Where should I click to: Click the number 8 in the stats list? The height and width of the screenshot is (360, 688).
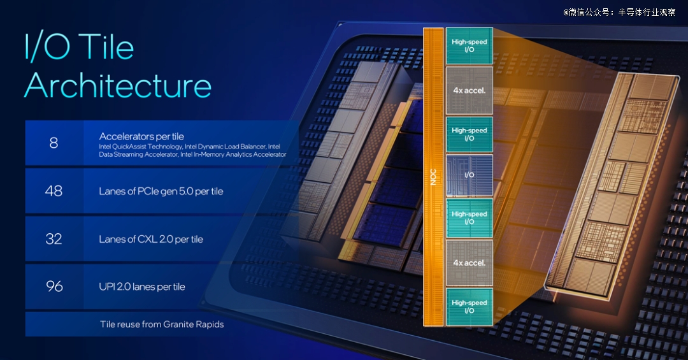pos(54,143)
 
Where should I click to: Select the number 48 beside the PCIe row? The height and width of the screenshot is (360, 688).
pos(54,191)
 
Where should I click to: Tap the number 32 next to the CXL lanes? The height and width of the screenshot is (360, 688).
pos(54,239)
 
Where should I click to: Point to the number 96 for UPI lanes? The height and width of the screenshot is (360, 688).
pos(54,286)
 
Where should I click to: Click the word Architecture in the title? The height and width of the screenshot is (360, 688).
pos(118,85)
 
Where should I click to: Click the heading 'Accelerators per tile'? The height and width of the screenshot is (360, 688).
pos(141,136)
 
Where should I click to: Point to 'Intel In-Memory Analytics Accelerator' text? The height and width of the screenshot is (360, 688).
pos(233,154)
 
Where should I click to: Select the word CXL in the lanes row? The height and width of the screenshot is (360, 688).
pos(146,240)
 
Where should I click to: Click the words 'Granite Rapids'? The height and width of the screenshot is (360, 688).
pos(194,324)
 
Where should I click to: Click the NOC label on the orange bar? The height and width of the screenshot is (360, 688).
pos(433,176)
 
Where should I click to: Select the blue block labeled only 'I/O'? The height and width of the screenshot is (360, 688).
pos(469,175)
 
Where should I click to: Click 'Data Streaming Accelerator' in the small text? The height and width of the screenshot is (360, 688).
pos(138,154)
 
